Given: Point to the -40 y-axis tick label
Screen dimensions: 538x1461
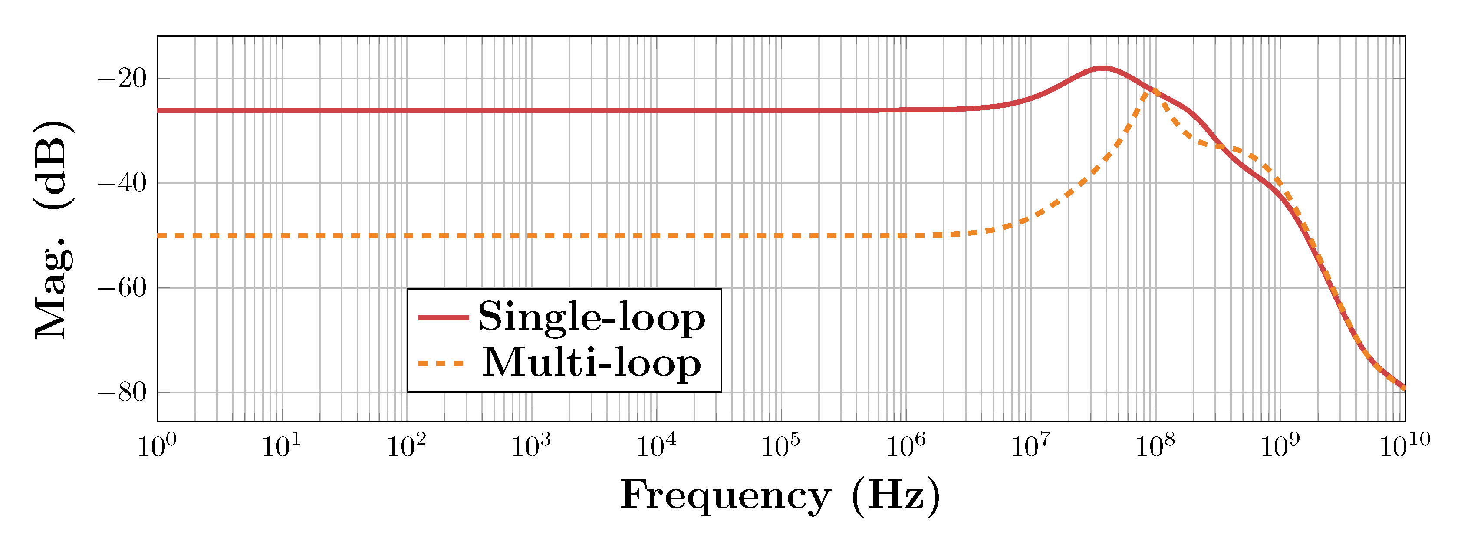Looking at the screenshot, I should tap(122, 183).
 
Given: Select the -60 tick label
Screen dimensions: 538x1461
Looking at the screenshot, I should tap(122, 288).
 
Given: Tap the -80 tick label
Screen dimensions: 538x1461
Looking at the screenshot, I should tap(122, 392).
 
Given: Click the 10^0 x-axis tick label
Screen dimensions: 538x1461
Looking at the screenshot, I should tap(157, 446).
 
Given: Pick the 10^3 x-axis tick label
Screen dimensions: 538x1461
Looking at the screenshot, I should tap(531, 446).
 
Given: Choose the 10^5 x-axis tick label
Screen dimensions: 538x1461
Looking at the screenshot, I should tap(780, 446).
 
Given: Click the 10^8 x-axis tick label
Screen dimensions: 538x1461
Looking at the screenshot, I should tap(1154, 446).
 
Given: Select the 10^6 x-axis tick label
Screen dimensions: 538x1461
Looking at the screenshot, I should tap(905, 446).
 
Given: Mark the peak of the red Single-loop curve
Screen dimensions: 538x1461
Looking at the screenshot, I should tap(1102, 68).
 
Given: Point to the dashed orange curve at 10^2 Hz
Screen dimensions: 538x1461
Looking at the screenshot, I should tap(407, 235).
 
